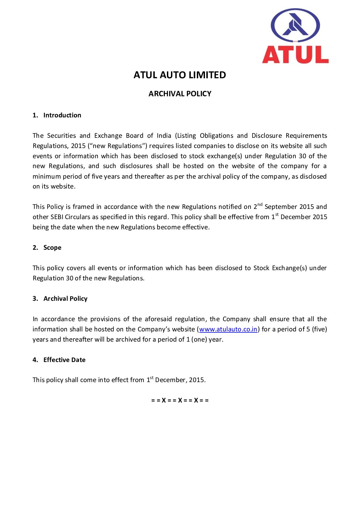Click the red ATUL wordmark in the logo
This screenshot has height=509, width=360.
click(295, 55)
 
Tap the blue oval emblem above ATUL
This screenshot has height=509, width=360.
click(295, 26)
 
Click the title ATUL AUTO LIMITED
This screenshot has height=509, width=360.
click(179, 75)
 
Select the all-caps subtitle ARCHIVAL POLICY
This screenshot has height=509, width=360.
click(180, 94)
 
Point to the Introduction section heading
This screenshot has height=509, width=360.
click(62, 115)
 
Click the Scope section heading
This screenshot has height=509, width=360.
click(52, 247)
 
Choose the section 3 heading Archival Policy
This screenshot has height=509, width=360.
click(65, 298)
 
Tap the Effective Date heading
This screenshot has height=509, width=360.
click(64, 360)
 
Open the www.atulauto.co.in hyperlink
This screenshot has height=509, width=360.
click(228, 329)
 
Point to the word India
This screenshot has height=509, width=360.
click(164, 135)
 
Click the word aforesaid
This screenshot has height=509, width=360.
click(158, 319)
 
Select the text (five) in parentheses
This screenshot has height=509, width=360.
click(319, 329)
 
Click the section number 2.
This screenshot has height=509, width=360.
click(35, 247)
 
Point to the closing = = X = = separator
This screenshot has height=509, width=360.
click(180, 400)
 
